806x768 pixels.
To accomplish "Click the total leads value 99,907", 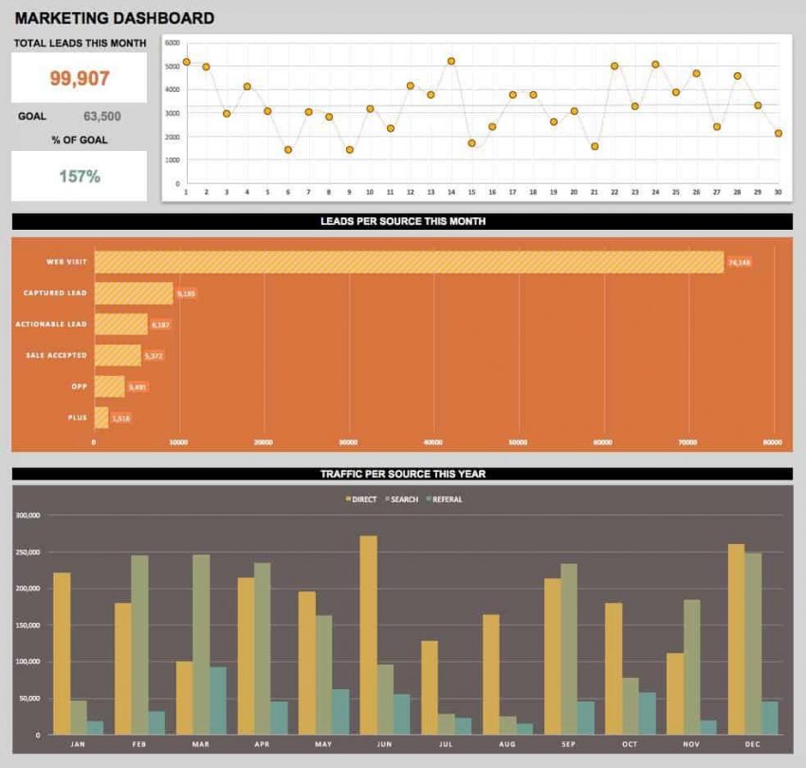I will (80, 79).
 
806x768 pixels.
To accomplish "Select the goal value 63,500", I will (101, 117).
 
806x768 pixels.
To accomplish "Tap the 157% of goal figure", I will (80, 176).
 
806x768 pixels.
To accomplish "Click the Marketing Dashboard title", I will (115, 18).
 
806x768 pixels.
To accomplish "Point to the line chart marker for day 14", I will (450, 61).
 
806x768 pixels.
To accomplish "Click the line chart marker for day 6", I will (287, 149).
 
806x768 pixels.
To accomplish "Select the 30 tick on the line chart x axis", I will (778, 192).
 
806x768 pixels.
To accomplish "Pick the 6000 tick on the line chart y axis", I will (172, 44).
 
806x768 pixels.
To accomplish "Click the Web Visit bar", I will (408, 262).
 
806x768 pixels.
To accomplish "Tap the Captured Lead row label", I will (56, 293).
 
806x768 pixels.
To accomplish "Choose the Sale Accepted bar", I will (118, 355).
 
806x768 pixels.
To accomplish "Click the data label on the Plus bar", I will (120, 418).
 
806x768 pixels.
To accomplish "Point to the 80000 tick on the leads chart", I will (773, 442).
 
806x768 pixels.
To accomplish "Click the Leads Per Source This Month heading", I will (402, 221).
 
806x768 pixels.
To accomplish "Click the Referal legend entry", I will (447, 499).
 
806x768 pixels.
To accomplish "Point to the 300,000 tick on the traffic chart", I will (27, 515).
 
